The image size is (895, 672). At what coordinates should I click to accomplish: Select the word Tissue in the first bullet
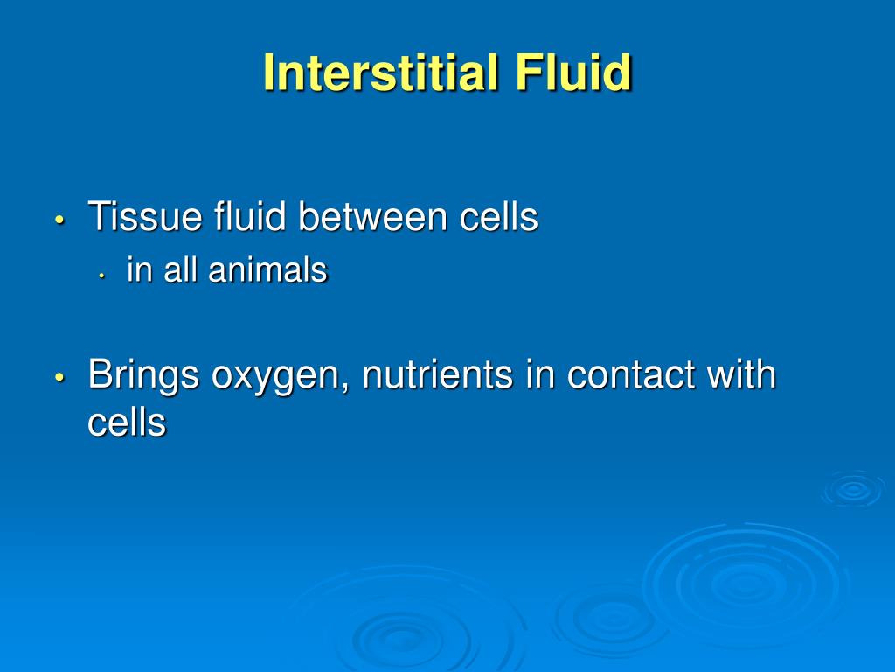(145, 217)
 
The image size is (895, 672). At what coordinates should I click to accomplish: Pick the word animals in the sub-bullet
(267, 270)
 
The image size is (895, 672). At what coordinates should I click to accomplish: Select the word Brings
(144, 376)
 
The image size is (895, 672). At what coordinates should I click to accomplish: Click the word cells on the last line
(127, 423)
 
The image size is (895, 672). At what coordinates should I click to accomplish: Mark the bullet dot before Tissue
(59, 220)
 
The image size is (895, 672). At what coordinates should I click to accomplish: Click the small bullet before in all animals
(101, 273)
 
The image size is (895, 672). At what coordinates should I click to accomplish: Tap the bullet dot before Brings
(59, 378)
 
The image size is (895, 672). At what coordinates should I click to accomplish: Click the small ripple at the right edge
(852, 490)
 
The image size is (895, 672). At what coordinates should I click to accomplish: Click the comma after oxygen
(350, 387)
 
